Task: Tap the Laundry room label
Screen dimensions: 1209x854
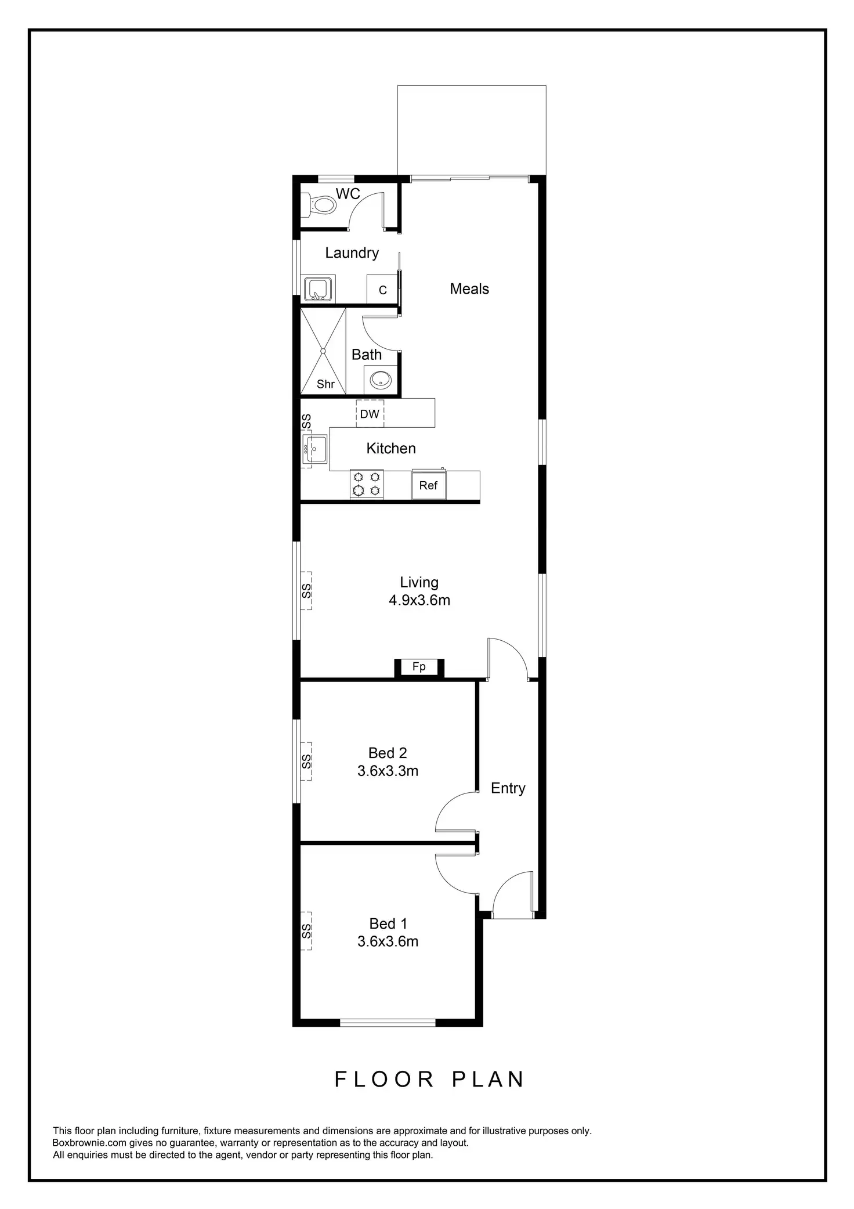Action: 352,253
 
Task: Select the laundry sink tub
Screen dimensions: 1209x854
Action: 317,289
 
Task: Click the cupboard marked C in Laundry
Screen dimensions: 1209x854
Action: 382,290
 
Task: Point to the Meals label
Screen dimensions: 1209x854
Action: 469,289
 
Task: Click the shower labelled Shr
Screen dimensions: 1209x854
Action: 323,352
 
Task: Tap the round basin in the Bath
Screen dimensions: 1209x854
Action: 381,380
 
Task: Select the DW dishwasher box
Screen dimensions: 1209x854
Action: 370,414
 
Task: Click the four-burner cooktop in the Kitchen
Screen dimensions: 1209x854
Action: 366,483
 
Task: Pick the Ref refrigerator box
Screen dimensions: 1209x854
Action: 429,485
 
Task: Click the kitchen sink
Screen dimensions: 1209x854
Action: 315,449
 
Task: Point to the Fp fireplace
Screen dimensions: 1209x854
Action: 419,667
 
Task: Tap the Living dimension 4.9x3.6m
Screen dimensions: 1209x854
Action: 419,600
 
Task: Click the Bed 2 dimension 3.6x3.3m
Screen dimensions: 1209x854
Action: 388,771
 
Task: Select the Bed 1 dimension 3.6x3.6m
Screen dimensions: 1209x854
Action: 388,941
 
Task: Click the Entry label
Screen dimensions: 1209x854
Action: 508,788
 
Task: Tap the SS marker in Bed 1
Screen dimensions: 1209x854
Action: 306,932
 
